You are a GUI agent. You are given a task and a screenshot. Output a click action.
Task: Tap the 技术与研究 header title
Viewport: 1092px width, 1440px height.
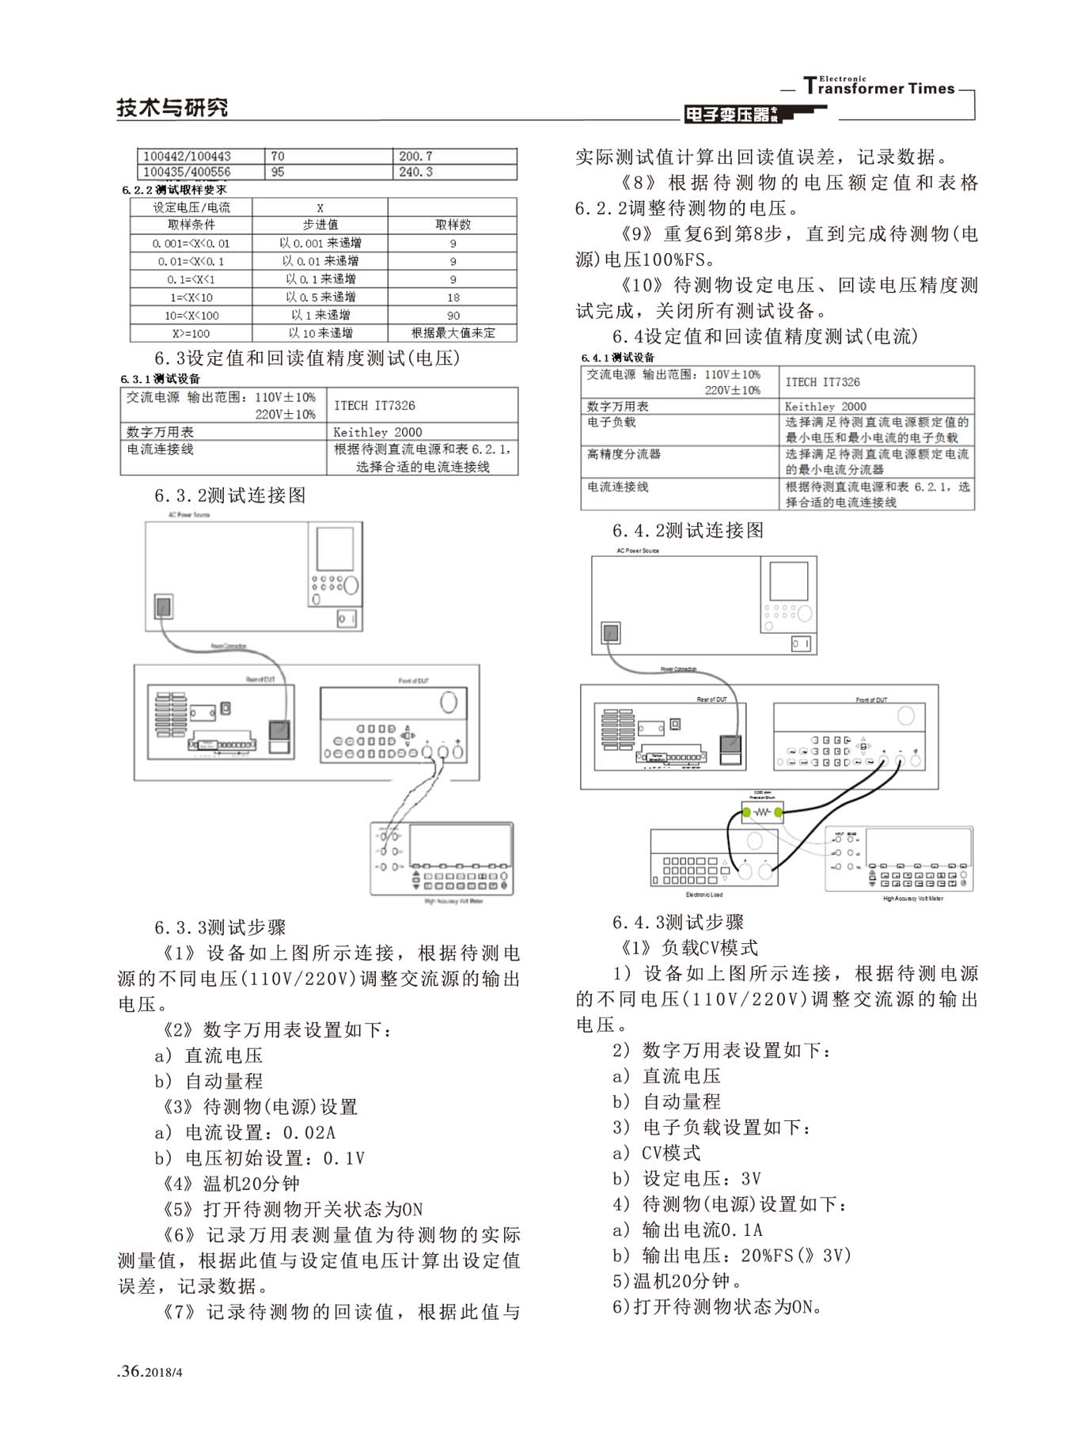click(x=172, y=108)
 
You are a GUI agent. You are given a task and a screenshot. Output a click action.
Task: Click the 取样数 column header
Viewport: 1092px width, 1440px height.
click(x=453, y=225)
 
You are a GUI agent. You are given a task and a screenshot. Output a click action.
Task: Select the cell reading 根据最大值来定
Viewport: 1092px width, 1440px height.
click(x=453, y=333)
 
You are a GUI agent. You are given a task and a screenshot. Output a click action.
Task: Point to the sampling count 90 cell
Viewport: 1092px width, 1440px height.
click(x=453, y=315)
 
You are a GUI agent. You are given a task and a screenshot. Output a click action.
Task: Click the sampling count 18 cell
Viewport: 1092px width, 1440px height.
click(x=453, y=297)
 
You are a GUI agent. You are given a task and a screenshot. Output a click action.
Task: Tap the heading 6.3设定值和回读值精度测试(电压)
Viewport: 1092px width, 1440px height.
click(x=307, y=358)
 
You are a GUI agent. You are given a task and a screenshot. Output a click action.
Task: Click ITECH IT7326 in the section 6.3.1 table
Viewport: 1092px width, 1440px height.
click(x=374, y=405)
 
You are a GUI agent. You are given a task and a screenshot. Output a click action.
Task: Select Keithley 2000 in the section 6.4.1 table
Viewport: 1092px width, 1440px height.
click(x=825, y=406)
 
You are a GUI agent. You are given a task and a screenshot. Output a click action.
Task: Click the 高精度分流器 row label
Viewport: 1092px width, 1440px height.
click(x=624, y=454)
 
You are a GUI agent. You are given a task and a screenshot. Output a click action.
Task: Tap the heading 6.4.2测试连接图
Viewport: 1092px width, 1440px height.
click(x=688, y=531)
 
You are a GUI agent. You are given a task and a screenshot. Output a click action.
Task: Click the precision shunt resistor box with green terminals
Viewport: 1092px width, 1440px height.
click(x=762, y=813)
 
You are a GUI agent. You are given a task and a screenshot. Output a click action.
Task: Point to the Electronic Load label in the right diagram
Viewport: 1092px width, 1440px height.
click(x=703, y=895)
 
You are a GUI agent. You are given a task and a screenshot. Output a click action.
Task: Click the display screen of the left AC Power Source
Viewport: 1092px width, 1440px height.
click(x=335, y=548)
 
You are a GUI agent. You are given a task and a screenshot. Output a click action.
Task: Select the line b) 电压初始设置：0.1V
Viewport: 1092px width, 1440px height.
click(x=260, y=1158)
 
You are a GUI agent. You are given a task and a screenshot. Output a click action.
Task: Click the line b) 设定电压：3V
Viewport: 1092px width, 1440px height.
click(x=687, y=1179)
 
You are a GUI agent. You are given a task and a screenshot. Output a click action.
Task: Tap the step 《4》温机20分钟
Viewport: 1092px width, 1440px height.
click(x=231, y=1184)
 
